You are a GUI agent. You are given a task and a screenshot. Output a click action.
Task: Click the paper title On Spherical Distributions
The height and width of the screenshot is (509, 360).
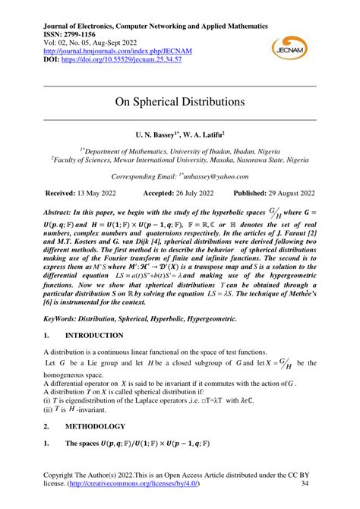[x=180, y=100]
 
